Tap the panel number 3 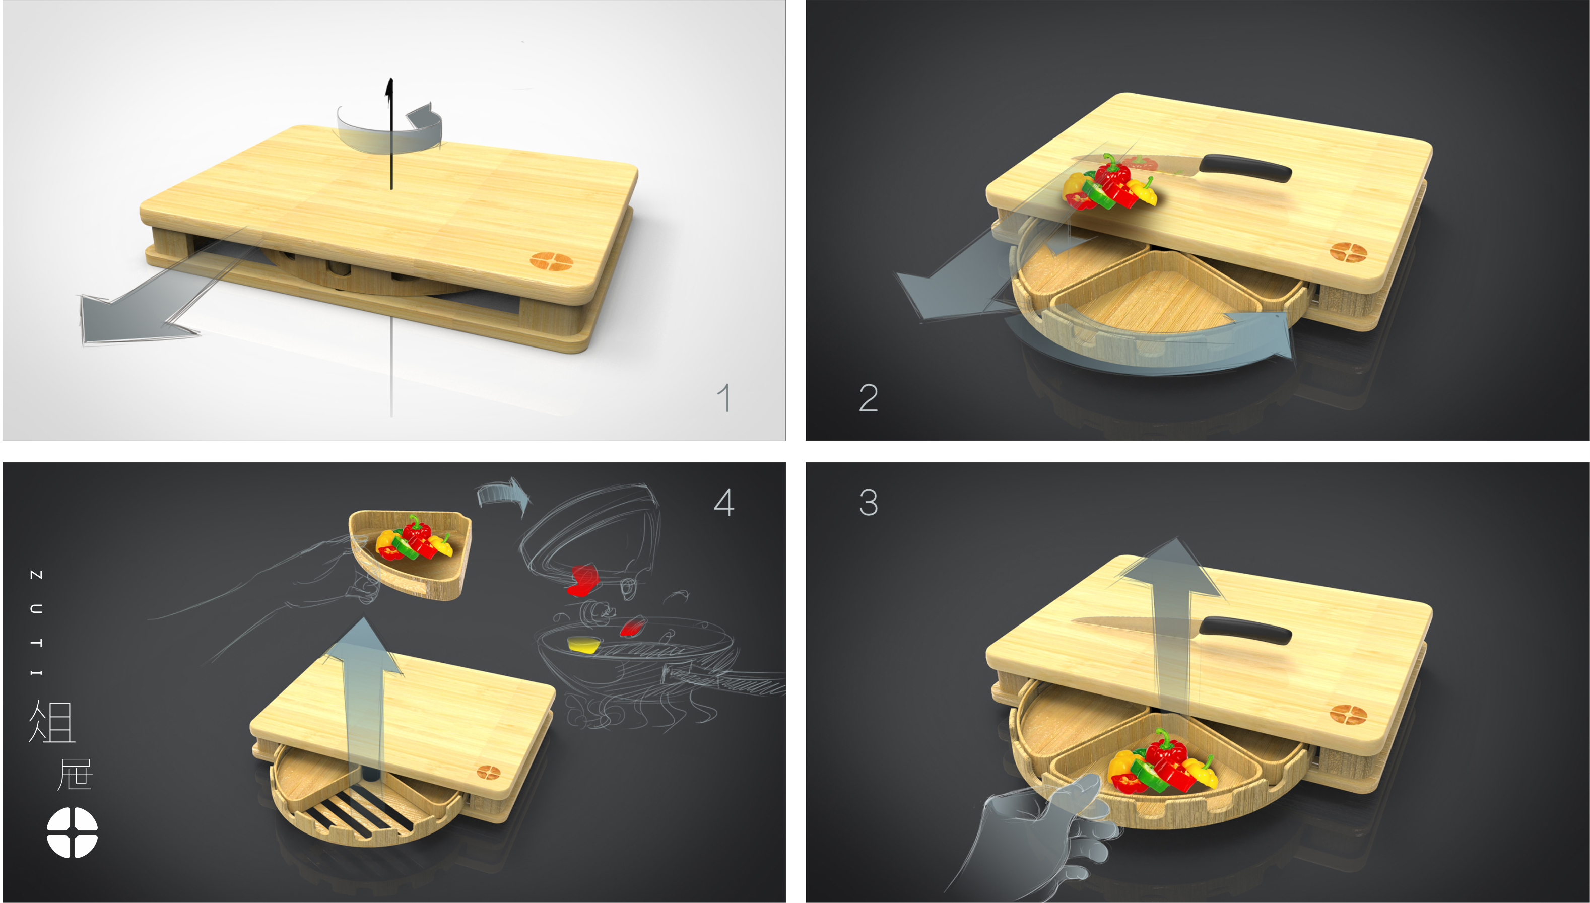pos(868,502)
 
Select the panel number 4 pos(723,502)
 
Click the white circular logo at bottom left pos(72,832)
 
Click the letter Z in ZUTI pos(36,575)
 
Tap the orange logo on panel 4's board pos(488,772)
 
